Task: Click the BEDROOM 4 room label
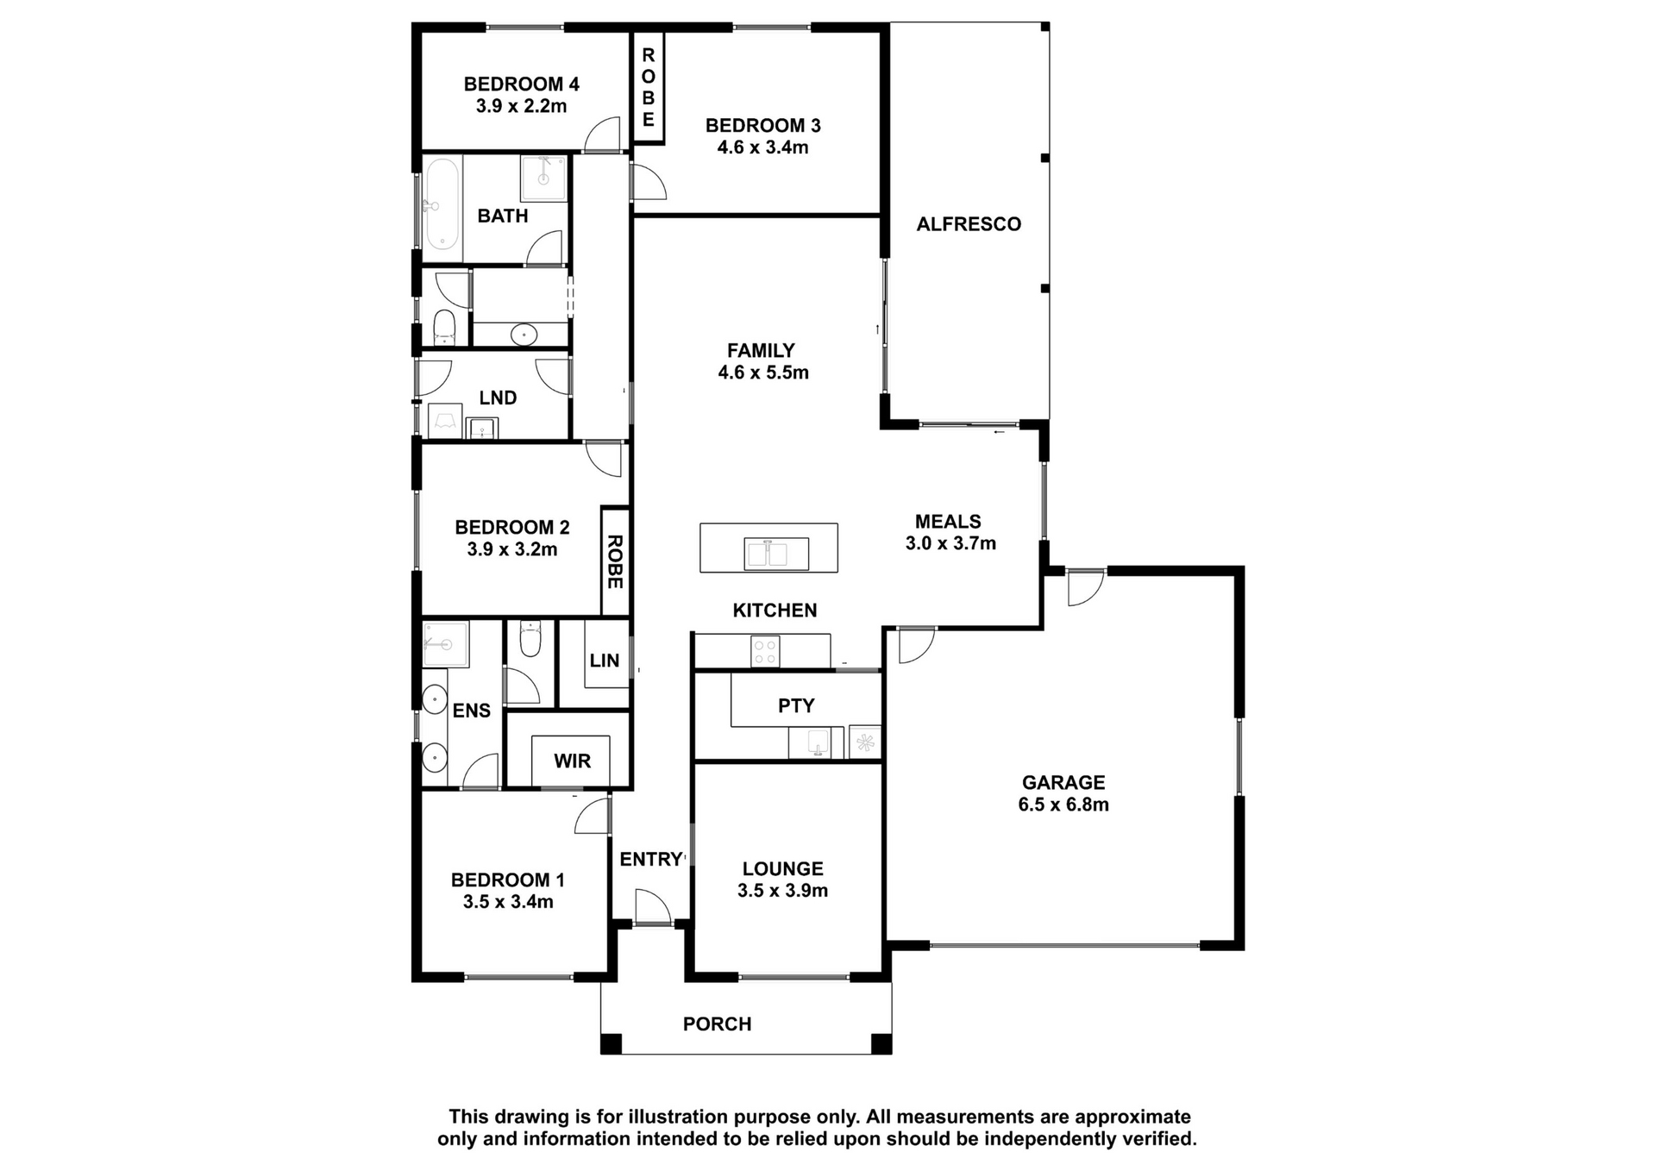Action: (521, 85)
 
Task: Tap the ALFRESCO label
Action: (969, 224)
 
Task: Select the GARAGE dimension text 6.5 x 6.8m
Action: (1063, 805)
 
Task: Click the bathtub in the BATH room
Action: (442, 204)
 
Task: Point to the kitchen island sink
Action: (768, 554)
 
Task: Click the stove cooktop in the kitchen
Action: (765, 650)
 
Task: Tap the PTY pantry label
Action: (796, 706)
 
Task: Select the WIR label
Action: (572, 761)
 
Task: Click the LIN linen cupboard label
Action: (605, 661)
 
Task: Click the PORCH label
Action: (717, 1024)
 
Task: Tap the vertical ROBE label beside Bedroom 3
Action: (649, 87)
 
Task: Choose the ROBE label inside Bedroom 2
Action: (615, 561)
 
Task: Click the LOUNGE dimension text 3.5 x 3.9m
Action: (782, 891)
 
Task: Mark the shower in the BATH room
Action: (543, 178)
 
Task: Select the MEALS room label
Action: (948, 522)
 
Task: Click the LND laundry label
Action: (498, 398)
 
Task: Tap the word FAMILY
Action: (761, 351)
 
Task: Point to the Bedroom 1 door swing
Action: (593, 816)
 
